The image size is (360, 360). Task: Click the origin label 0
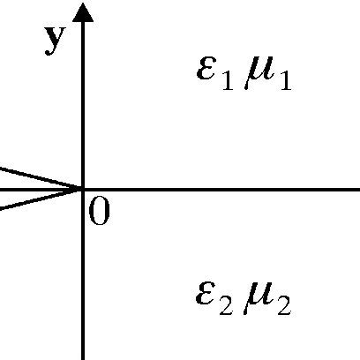99,213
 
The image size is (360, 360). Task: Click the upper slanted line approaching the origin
35,176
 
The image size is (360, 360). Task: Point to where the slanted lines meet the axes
82,189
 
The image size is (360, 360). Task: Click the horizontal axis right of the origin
221,189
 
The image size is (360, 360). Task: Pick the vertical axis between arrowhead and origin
83,106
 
